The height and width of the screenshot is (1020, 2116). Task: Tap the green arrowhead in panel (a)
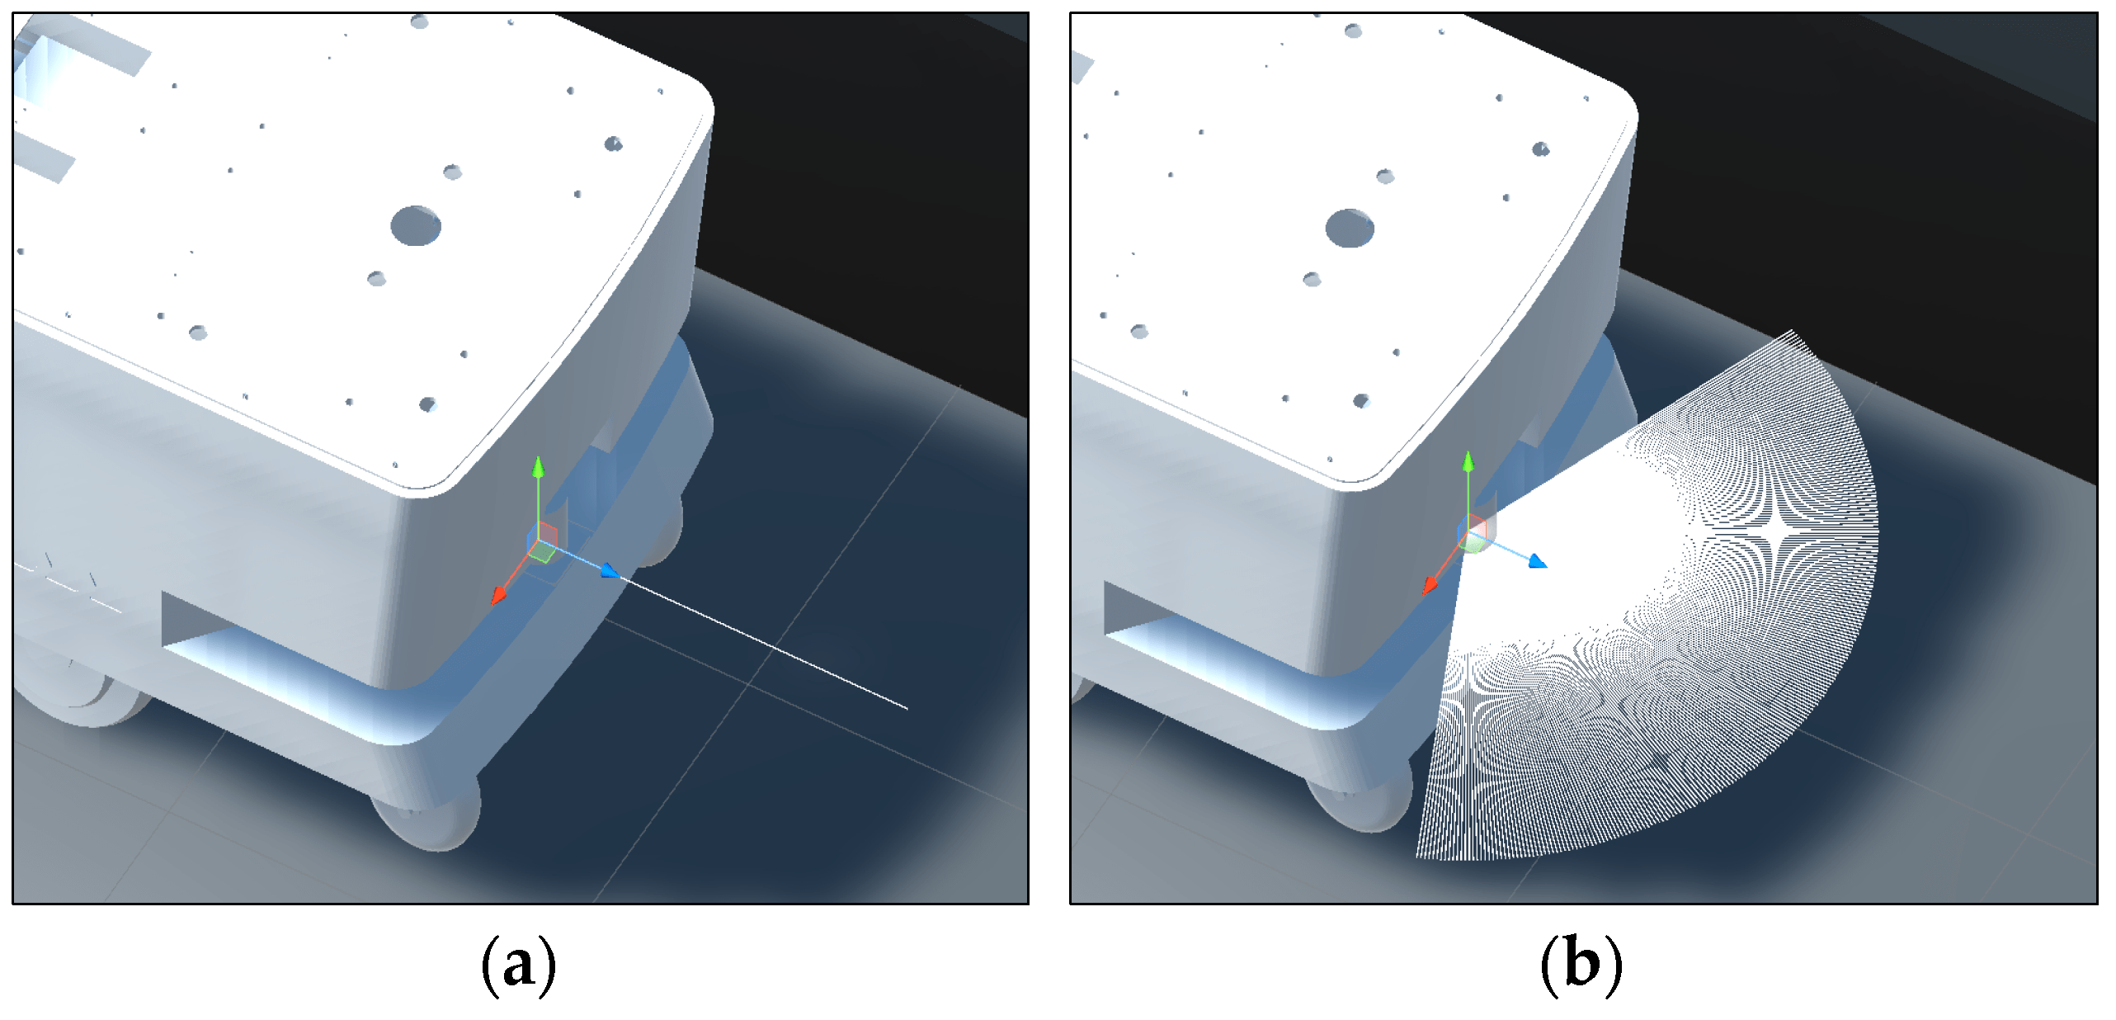[538, 467]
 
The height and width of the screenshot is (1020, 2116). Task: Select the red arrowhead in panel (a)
[498, 596]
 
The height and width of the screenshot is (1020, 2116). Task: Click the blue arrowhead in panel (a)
[610, 571]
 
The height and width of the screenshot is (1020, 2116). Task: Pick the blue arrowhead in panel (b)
[1538, 562]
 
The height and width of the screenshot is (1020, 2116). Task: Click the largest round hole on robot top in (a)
[416, 225]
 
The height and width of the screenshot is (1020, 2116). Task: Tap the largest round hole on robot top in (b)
[1350, 228]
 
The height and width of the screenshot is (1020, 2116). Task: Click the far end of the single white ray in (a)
[906, 707]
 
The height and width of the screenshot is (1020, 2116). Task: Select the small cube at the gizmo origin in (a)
[542, 542]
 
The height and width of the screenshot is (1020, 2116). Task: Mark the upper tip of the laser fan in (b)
[1791, 332]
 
